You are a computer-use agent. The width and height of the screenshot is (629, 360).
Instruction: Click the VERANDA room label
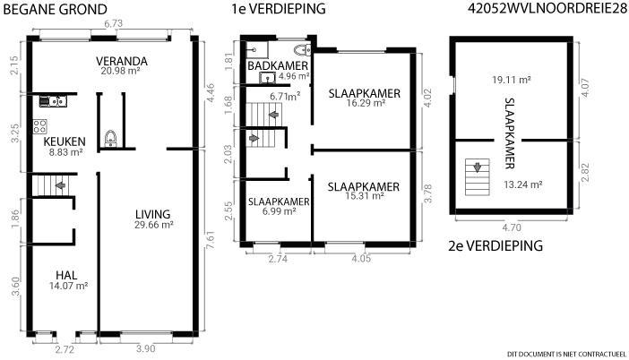[122, 61]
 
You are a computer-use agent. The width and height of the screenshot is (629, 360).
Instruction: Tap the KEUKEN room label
[65, 141]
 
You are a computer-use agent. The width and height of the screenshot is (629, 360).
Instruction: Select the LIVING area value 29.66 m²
[153, 225]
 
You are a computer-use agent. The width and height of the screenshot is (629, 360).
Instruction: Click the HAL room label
[66, 276]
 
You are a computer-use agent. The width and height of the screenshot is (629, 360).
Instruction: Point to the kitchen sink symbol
[53, 101]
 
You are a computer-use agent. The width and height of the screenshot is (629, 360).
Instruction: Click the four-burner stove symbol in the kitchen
[40, 126]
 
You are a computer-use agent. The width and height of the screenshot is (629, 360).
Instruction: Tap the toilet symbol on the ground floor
[111, 138]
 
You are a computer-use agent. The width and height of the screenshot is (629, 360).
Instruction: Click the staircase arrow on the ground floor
[60, 185]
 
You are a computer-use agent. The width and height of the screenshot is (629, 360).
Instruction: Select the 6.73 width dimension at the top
[114, 23]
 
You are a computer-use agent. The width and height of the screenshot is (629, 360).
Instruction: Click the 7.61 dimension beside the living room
[210, 239]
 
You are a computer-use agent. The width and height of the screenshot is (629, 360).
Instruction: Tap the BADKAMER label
[278, 65]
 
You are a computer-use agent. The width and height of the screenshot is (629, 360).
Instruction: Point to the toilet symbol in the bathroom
[303, 50]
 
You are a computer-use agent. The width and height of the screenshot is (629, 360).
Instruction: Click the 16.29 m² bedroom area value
[366, 103]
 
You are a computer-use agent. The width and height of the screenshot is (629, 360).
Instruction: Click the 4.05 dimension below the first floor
[361, 259]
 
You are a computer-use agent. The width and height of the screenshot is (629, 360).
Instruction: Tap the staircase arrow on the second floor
[478, 167]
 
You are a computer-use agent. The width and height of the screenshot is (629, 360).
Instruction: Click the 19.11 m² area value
[512, 80]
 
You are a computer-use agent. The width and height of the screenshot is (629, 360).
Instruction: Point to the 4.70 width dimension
[512, 227]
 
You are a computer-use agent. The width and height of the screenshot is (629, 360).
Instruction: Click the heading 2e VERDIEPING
[495, 245]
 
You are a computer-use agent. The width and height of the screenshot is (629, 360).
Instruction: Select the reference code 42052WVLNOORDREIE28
[547, 8]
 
